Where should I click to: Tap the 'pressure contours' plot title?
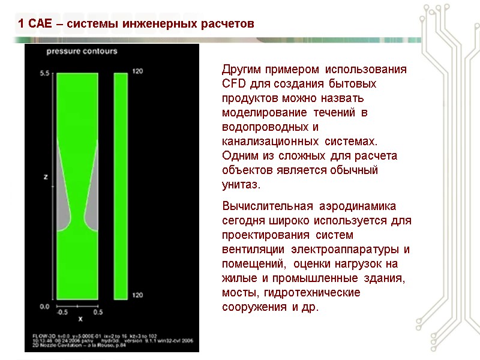82,52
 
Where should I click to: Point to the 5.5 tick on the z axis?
44,73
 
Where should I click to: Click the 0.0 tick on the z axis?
44,307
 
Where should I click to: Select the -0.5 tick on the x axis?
62,312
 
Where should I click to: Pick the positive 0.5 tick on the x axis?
98,312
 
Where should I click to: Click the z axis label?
46,177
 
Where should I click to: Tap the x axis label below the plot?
80,319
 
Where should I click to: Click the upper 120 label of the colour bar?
137,71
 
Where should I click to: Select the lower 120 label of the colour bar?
137,296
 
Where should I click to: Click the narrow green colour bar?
121,186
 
